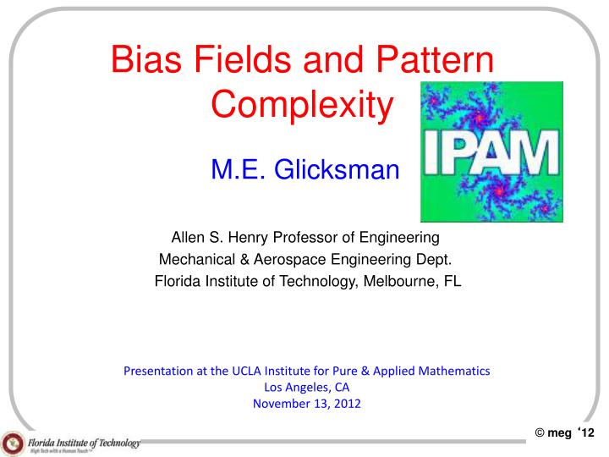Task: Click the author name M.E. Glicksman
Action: point(304,172)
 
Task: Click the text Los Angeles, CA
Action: point(307,388)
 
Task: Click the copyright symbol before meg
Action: point(540,434)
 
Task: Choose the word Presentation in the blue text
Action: point(156,372)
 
